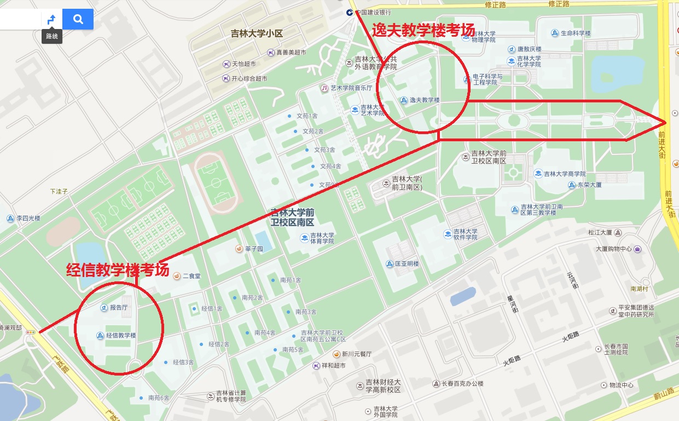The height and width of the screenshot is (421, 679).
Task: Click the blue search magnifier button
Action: [x=78, y=20]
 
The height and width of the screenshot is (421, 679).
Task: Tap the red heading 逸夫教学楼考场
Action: [x=423, y=30]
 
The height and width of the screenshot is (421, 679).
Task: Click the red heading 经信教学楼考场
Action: [x=117, y=270]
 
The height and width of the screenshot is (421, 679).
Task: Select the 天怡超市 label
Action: [x=243, y=64]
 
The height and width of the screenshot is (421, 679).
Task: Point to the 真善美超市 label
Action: [x=291, y=53]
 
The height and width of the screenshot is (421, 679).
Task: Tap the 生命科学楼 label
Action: [x=576, y=33]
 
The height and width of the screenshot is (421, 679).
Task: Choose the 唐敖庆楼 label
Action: [x=529, y=49]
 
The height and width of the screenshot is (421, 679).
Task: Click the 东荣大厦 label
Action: [x=589, y=185]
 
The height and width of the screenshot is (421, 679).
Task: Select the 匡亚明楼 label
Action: [x=407, y=264]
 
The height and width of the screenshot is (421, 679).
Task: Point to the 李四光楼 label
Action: [x=28, y=218]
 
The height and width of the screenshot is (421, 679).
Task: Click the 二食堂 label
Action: [x=191, y=276]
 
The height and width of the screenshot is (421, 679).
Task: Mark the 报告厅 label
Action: [x=118, y=308]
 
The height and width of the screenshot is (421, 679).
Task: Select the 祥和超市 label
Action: [x=333, y=366]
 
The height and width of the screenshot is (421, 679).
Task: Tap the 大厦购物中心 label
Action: [x=614, y=249]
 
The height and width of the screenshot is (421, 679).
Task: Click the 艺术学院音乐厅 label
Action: [x=351, y=88]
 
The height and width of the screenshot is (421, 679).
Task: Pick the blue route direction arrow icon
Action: [x=51, y=20]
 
